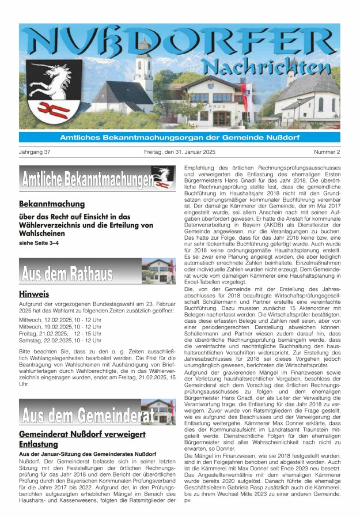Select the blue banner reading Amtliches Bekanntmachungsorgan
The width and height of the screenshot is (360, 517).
(180, 137)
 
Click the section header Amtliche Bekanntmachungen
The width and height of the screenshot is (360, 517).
(86, 179)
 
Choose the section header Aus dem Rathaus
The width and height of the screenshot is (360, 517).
(66, 273)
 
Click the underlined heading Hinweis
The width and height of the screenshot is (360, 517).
(33, 295)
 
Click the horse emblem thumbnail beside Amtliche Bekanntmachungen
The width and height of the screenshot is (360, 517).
(163, 177)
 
